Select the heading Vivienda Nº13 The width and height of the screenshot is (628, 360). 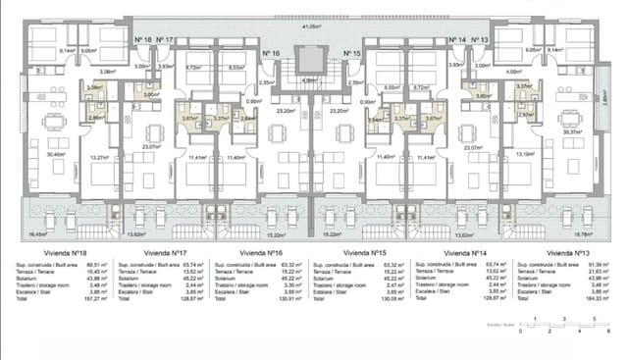(568, 252)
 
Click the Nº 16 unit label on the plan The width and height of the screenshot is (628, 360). (272, 53)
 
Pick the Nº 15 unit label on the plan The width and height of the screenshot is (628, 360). (353, 53)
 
